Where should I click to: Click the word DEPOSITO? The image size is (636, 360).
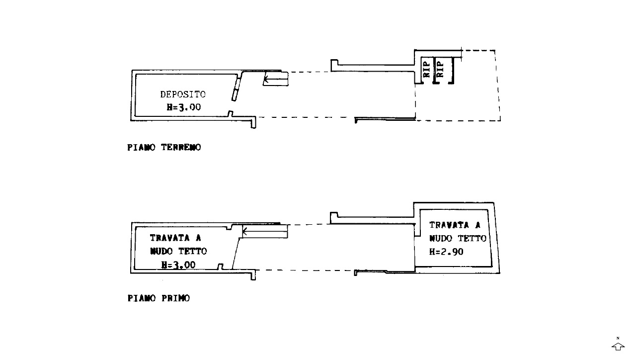(183, 94)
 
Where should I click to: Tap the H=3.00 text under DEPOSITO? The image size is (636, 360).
(184, 107)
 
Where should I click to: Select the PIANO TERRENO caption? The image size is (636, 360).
(164, 148)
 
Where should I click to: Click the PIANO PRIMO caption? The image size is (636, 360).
(159, 298)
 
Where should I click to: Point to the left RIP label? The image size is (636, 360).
(426, 69)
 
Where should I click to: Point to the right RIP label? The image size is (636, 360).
(440, 69)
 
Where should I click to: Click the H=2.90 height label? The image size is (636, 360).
(446, 252)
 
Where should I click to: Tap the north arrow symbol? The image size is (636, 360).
(618, 347)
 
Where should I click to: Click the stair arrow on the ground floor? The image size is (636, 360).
(276, 79)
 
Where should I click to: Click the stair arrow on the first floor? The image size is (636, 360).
(265, 232)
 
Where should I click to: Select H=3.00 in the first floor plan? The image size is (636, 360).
(178, 265)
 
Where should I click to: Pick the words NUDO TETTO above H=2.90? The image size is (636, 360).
(458, 238)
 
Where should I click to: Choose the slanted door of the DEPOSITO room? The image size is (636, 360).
(236, 86)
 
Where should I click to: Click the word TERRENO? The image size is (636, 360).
(181, 148)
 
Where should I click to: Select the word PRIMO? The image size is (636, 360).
(176, 298)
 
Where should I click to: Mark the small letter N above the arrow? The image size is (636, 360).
(618, 339)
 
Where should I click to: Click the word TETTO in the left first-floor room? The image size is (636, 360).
(193, 251)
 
